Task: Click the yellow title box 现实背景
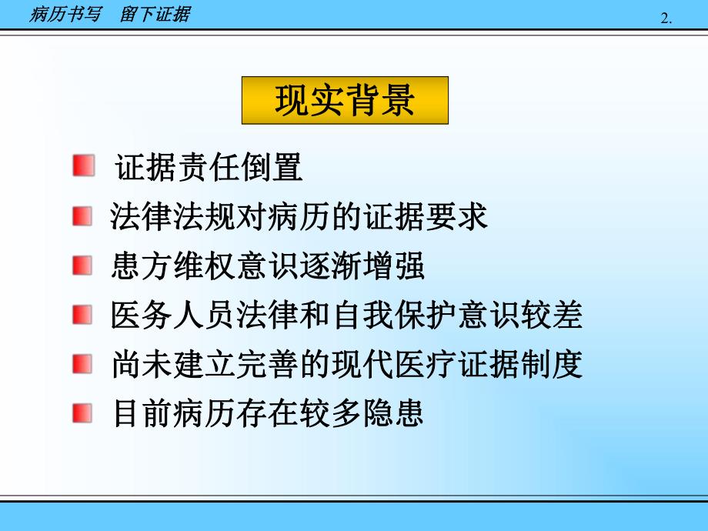[345, 100]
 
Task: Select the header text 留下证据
[155, 15]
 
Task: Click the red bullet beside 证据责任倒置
[83, 166]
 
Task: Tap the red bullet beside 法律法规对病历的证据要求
[82, 216]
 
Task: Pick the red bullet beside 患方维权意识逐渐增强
[82, 266]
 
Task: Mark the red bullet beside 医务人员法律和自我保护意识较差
[82, 316]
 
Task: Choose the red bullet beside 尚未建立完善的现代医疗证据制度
[82, 365]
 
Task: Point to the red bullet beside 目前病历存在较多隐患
[82, 414]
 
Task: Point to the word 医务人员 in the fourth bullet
[174, 316]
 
